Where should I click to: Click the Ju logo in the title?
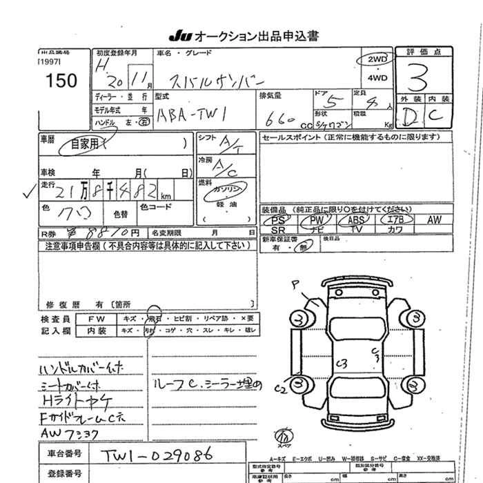tap(178, 35)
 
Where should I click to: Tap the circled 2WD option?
tap(377, 60)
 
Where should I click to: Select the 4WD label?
tap(377, 78)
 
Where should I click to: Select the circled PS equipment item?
tap(278, 219)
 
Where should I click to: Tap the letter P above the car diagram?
tap(295, 283)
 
